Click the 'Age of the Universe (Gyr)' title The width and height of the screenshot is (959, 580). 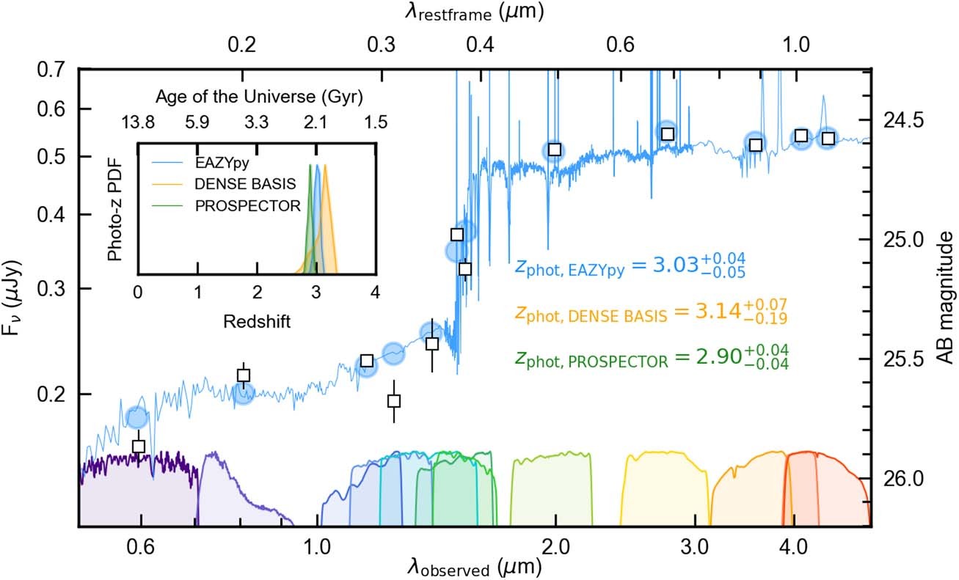pyautogui.click(x=260, y=97)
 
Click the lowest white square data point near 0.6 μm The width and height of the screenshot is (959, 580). pyautogui.click(x=138, y=446)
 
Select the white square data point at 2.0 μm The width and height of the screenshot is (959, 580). pyautogui.click(x=555, y=150)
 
